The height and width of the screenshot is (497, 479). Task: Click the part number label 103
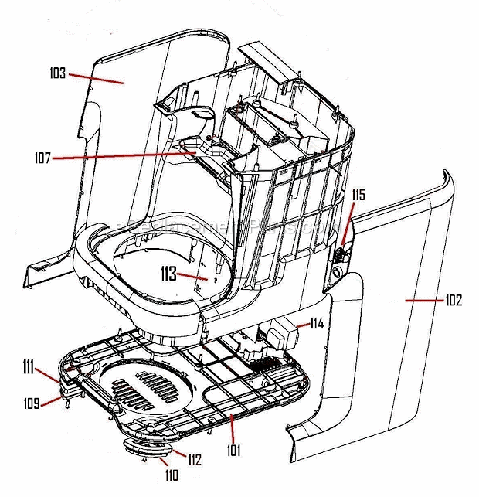click(x=56, y=74)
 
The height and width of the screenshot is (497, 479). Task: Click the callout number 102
click(x=454, y=300)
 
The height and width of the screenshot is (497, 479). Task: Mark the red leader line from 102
click(x=423, y=298)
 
